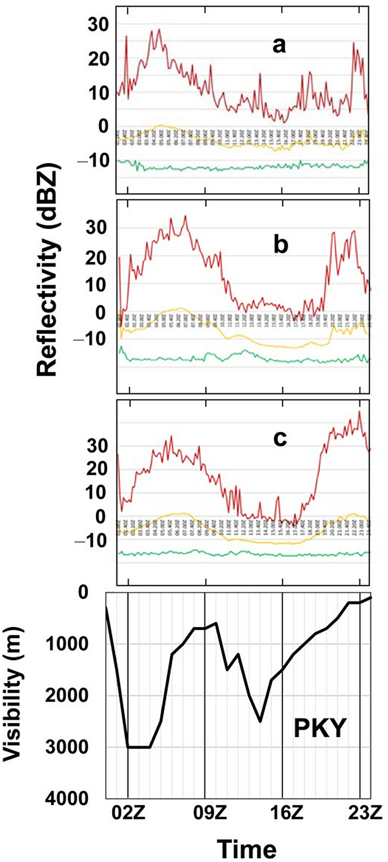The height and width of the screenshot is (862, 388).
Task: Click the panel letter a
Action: coord(279,45)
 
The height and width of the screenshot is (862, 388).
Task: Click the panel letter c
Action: coord(280,438)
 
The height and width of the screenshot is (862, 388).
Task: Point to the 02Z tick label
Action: coord(128,813)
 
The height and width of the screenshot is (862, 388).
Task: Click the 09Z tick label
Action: coord(209,813)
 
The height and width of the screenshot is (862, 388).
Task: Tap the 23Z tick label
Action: coord(364,813)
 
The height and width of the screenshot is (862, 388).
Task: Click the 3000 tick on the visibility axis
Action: coord(66,747)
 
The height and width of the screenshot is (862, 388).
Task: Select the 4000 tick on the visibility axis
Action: coord(66,798)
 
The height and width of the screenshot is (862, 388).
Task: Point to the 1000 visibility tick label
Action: coord(66,644)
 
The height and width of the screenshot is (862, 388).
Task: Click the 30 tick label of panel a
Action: coord(98,25)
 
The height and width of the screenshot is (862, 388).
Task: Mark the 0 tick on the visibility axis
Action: coord(83,592)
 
